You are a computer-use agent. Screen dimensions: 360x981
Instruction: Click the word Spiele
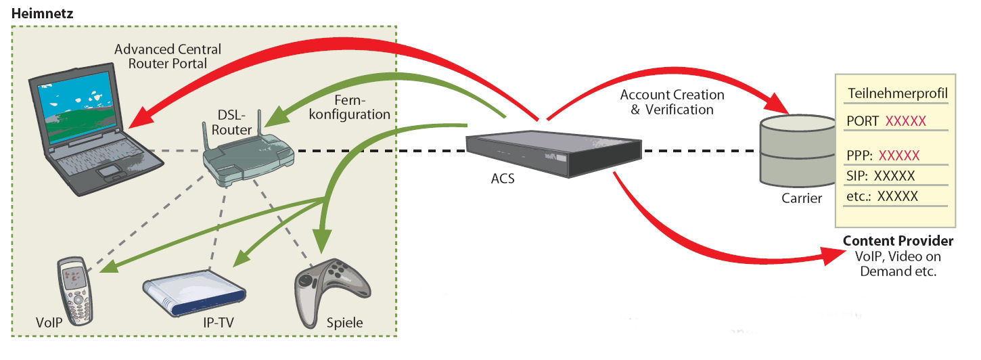(x=344, y=323)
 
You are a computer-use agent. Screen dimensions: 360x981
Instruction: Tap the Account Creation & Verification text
(x=672, y=102)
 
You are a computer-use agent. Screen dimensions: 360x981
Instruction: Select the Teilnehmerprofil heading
(x=896, y=93)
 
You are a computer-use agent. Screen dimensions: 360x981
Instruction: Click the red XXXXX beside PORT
(x=905, y=121)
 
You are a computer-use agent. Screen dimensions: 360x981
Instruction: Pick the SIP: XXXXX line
(x=880, y=176)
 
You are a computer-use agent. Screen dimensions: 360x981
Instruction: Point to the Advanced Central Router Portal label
(x=167, y=56)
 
